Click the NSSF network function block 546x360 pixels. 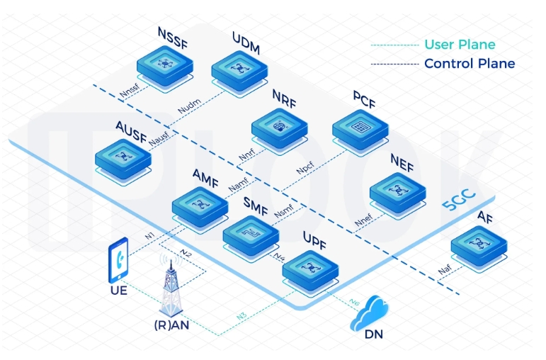pos(166,65)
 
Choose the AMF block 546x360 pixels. pos(201,205)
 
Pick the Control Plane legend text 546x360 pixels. pos(470,64)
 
